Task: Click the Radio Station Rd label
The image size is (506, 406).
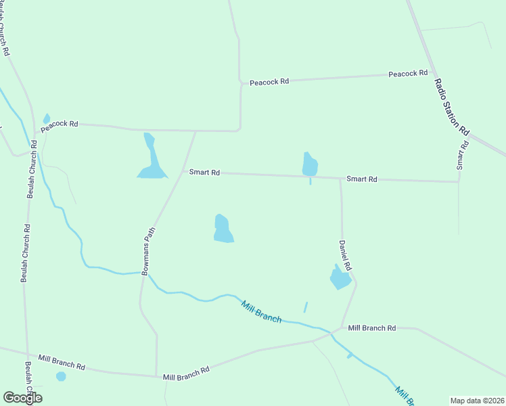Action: (451, 106)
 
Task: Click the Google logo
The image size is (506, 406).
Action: (22, 398)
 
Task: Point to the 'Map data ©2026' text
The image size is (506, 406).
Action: (476, 401)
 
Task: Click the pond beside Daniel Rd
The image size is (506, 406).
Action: (340, 277)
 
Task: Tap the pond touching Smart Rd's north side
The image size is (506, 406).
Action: (310, 164)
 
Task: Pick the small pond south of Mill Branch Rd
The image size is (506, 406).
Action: (61, 376)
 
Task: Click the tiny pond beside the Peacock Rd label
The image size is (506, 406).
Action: (46, 119)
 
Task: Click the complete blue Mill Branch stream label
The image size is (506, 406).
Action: (261, 311)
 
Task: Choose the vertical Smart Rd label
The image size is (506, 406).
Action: (462, 156)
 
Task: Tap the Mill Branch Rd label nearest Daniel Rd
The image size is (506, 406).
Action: (371, 328)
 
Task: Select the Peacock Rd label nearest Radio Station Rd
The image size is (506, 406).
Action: (408, 73)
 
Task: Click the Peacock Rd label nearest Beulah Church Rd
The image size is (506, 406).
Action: (60, 125)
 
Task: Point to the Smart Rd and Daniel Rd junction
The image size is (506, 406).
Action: (340, 179)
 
